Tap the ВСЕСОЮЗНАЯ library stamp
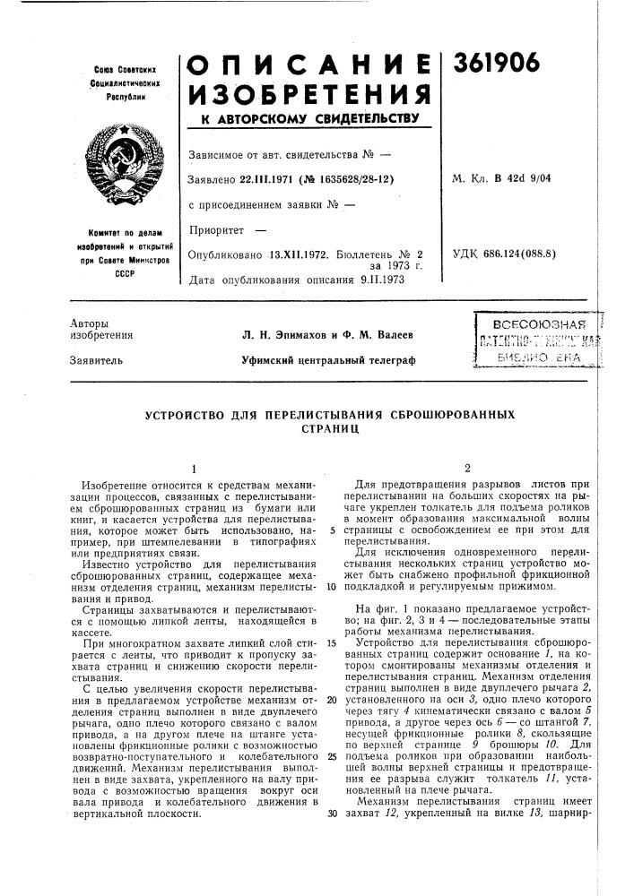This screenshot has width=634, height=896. [531, 323]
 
